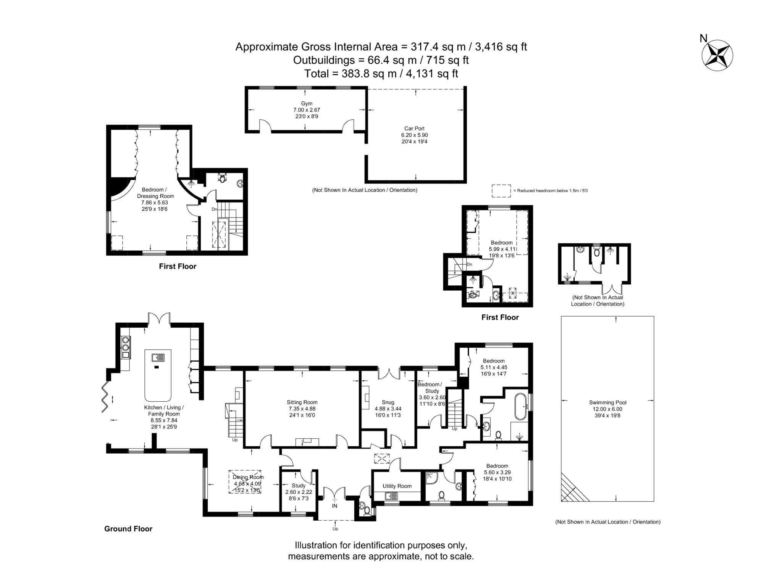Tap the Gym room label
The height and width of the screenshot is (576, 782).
click(307, 104)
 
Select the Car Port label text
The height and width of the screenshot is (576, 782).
click(414, 129)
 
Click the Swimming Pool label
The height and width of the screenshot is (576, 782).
click(607, 402)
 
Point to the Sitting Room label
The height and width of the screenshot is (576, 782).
click(302, 402)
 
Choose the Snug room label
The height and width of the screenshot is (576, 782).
click(388, 402)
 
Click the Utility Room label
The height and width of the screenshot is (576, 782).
click(397, 486)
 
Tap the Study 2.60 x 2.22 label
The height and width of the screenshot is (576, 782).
click(299, 486)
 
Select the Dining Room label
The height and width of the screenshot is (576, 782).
click(248, 477)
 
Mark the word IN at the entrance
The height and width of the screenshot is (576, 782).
click(334, 506)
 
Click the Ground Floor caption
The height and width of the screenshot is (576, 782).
click(128, 529)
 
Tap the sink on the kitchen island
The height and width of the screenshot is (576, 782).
click(158, 357)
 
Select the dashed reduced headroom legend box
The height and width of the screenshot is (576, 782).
click(501, 191)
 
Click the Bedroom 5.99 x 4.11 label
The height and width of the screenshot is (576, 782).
click(501, 243)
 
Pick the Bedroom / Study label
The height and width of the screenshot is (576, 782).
click(431, 388)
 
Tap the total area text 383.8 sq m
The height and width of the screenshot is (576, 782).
click(381, 74)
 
